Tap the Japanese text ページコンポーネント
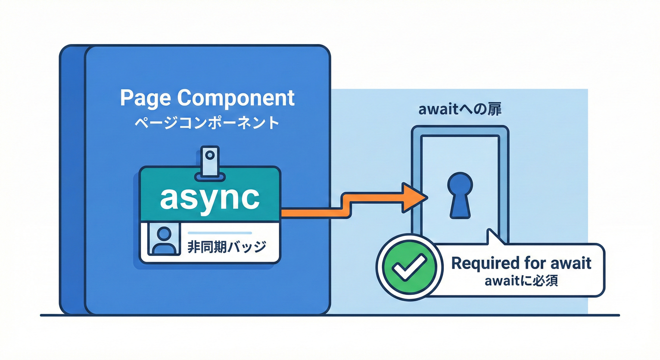(x=207, y=123)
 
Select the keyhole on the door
(x=460, y=194)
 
